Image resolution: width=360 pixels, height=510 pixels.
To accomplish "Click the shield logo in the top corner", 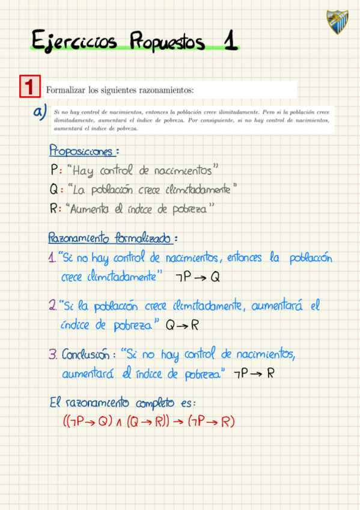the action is point(337,22).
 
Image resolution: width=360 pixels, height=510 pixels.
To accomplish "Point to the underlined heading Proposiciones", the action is point(83,150).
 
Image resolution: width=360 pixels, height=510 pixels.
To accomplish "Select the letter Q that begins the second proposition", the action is point(54,189).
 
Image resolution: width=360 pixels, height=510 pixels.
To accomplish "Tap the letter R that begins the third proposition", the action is point(54,209).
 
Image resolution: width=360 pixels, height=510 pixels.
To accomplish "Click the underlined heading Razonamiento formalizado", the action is point(111,238).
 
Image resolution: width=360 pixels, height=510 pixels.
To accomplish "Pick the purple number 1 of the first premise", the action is point(52,259).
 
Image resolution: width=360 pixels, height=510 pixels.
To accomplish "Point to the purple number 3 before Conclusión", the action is point(52,355).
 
